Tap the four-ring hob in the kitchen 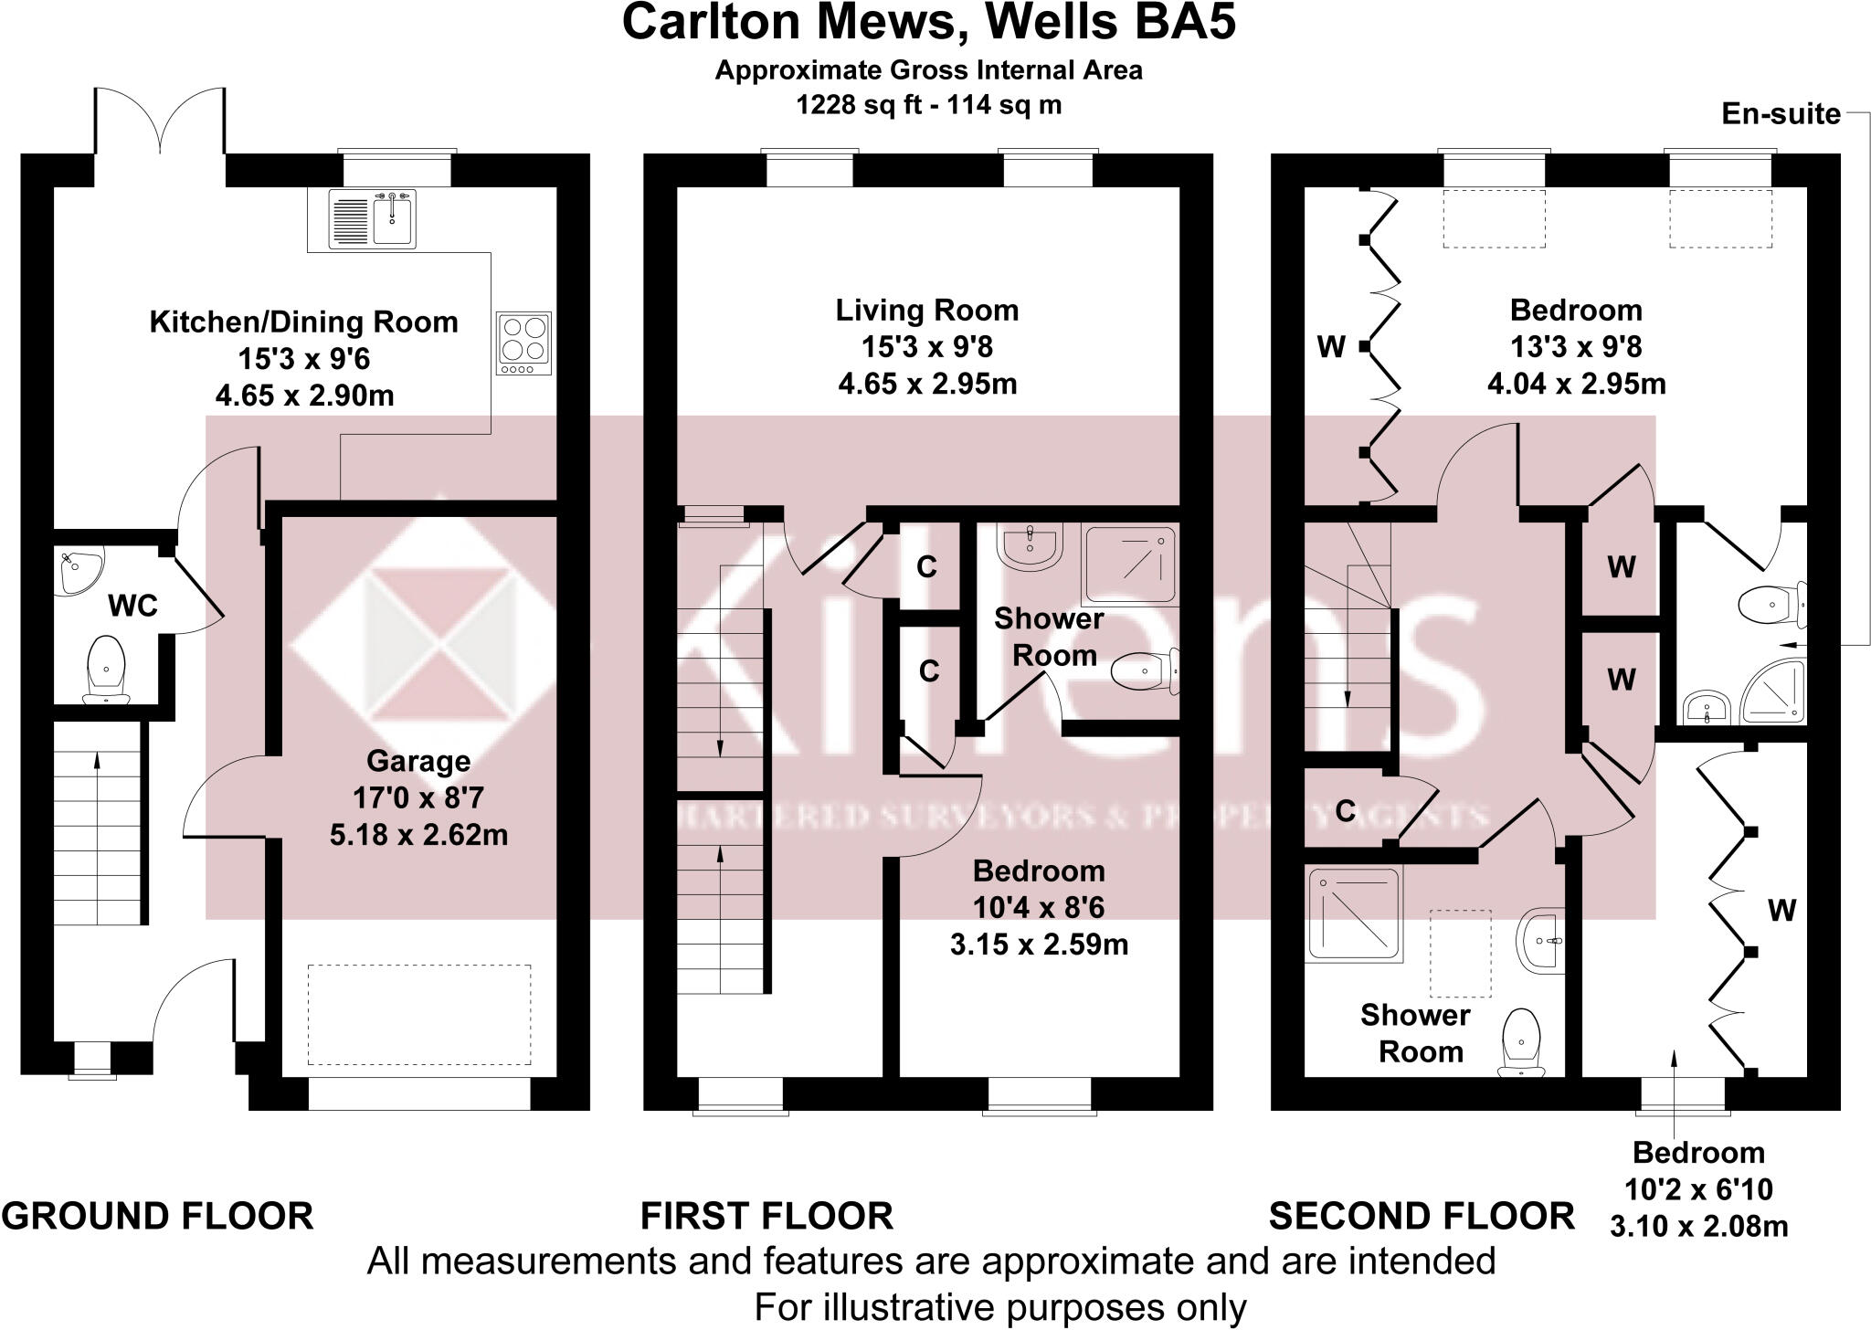524,343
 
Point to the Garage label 418,761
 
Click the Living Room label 927,311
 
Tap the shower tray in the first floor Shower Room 1128,565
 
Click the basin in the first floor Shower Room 1030,545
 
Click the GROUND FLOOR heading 158,1216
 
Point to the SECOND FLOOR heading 1422,1216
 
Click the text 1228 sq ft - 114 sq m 928,105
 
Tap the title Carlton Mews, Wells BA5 928,24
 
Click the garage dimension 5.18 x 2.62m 418,834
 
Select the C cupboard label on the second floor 1345,810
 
